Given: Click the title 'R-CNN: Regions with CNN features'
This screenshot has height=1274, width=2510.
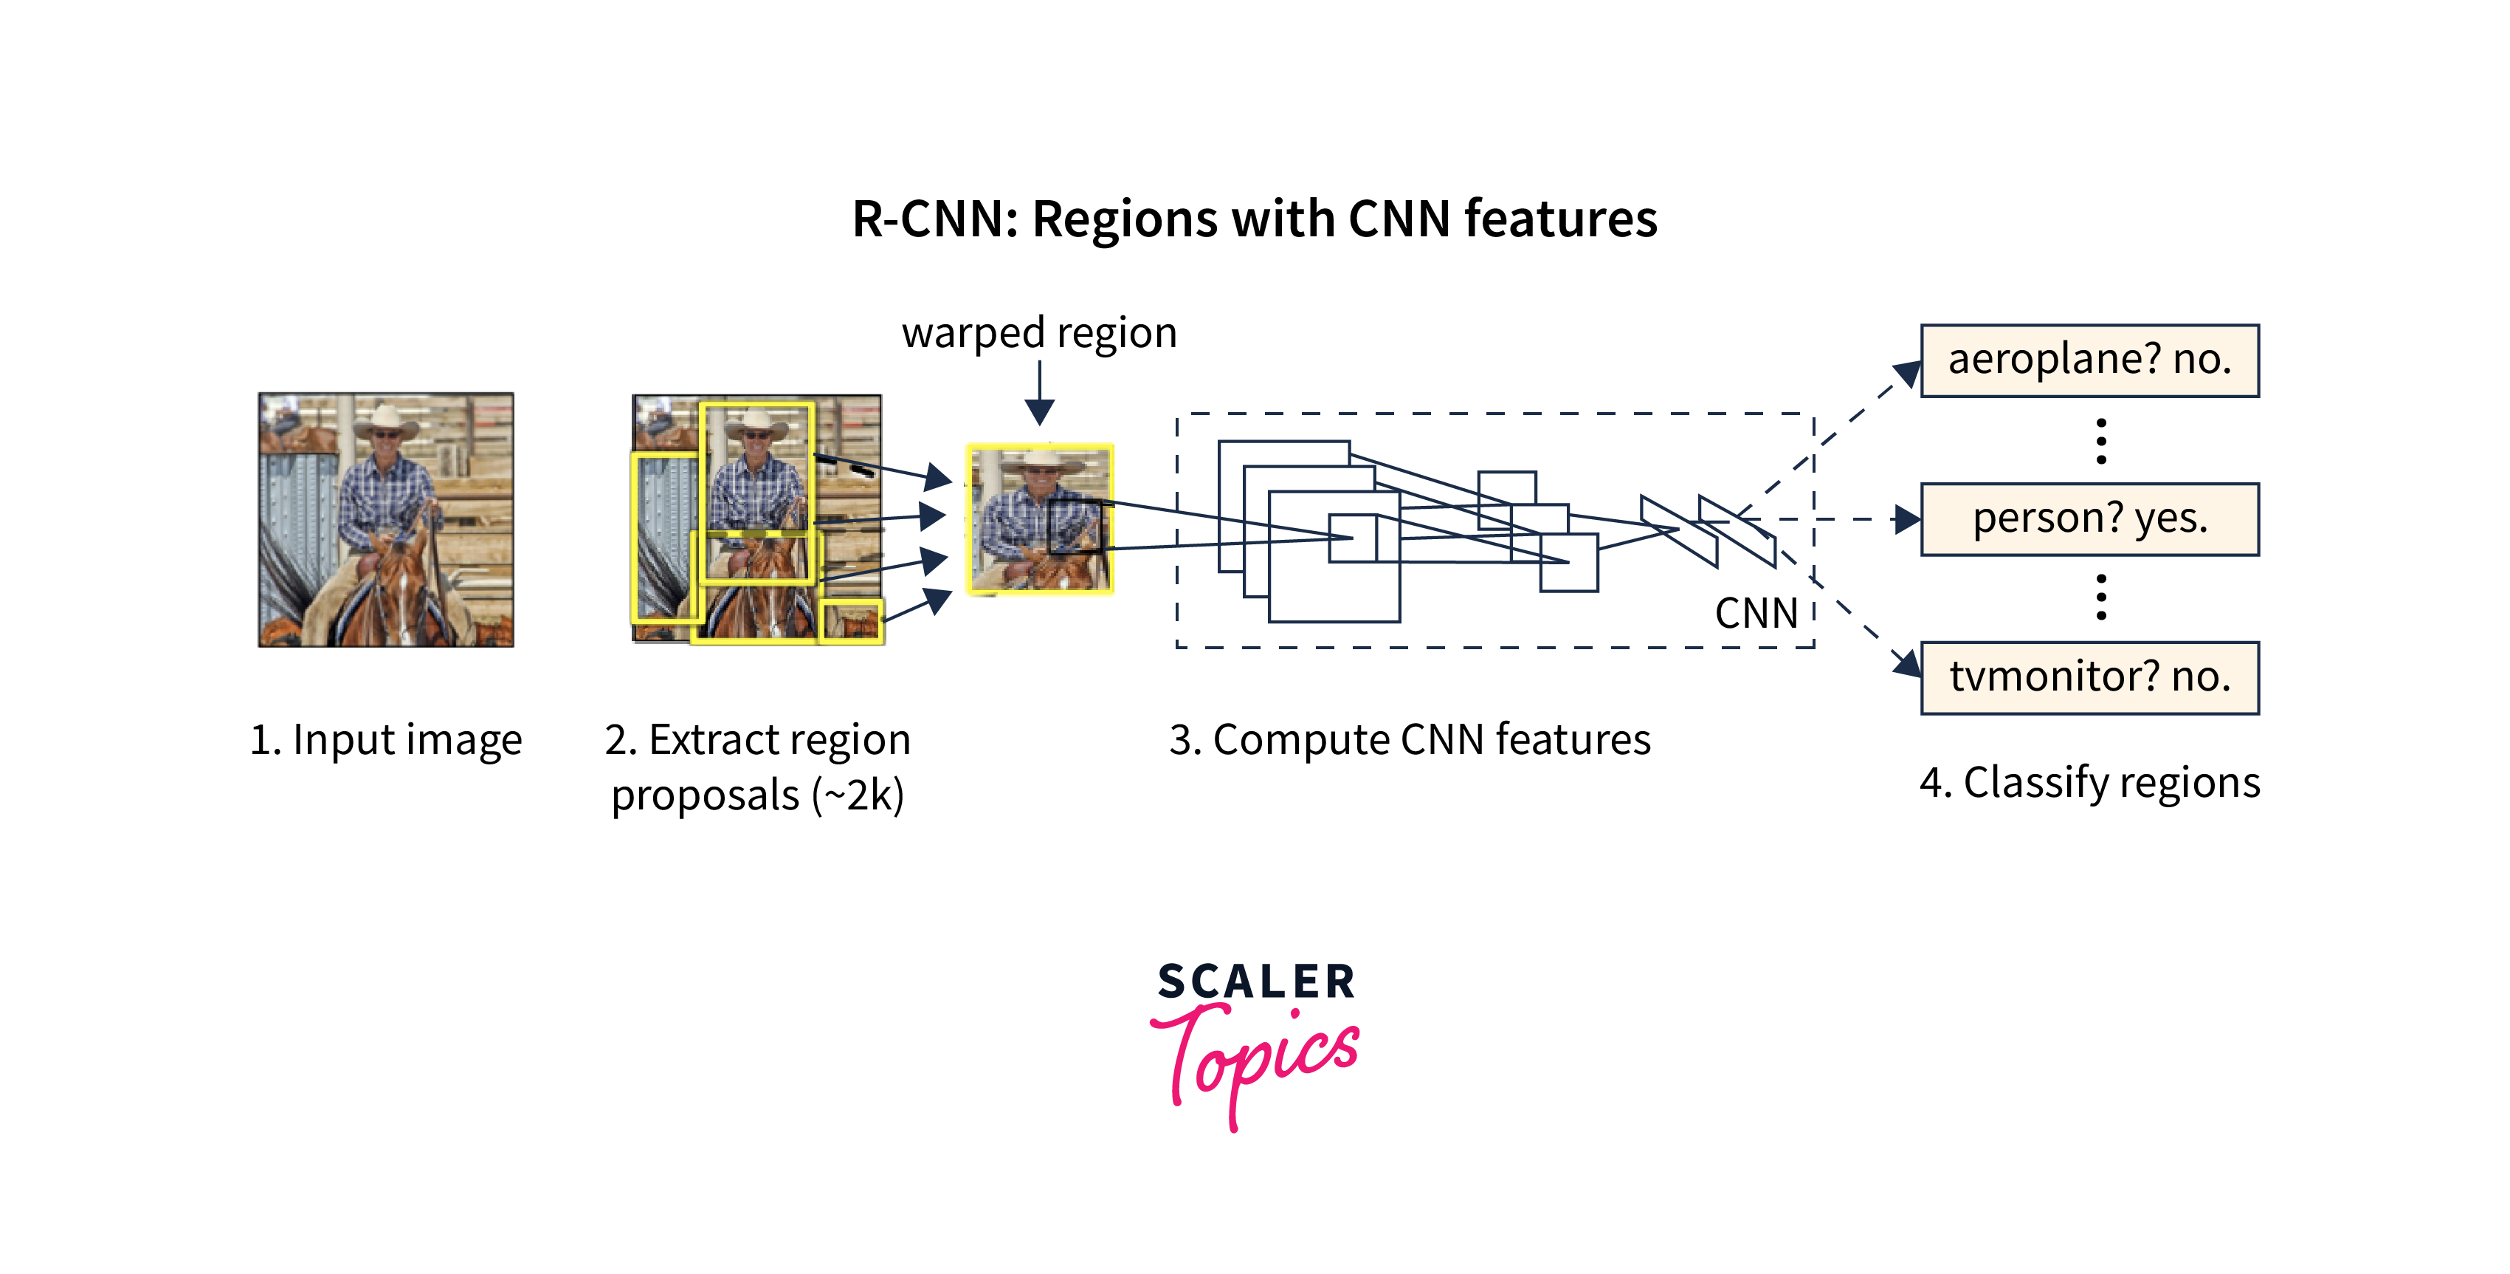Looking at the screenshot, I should (1254, 219).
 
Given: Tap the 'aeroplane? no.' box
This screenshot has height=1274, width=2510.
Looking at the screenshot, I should (2089, 360).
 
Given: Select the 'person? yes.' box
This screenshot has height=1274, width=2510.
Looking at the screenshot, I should (2089, 519).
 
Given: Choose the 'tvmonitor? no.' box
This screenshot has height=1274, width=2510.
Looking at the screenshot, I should (2089, 677).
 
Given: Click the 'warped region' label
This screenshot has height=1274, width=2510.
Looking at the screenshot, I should (1038, 333).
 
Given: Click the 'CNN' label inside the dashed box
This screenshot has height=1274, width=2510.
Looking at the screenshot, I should (1756, 613).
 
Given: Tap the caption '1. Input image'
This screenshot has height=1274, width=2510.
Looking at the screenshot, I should (386, 740).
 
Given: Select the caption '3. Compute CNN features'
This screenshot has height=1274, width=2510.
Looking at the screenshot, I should (1410, 740).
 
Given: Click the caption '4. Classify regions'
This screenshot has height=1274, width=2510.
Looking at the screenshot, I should (2089, 783).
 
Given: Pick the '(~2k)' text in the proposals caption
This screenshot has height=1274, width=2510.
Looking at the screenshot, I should (858, 795).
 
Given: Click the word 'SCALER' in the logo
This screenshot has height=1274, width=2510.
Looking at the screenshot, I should (1256, 982).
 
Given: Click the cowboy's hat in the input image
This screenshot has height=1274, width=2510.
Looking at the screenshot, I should (387, 421).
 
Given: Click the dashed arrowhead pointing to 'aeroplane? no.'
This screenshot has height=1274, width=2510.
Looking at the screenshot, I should (1907, 373).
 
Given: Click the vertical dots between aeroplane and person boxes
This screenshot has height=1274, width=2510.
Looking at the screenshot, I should (2100, 441).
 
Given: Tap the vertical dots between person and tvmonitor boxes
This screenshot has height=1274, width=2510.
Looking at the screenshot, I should (2100, 597).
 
